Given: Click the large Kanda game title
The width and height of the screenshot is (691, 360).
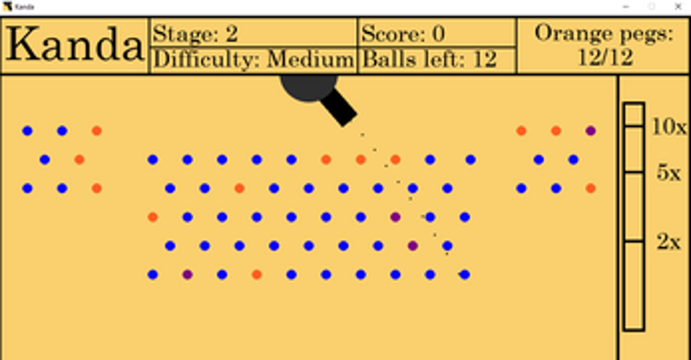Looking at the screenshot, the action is click(75, 45).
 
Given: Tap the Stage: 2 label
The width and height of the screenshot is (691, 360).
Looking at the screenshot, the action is click(196, 34).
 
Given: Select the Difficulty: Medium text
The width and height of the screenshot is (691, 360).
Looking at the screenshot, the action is click(254, 60).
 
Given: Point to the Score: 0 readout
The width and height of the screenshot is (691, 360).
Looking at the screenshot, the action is click(403, 34).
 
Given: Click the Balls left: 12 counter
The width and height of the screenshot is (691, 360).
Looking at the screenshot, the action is click(429, 60).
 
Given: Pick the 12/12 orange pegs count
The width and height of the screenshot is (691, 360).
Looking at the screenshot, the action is click(605, 57).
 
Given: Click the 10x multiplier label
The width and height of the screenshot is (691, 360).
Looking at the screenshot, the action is click(669, 127).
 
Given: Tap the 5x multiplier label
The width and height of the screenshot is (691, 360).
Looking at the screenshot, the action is click(669, 174).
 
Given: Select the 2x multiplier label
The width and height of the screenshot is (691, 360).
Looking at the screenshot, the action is click(669, 242).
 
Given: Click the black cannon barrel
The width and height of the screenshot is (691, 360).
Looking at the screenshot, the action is click(339, 107).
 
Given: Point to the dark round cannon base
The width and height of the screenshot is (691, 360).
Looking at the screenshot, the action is click(308, 87).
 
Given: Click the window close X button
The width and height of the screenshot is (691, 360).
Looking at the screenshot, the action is click(678, 7).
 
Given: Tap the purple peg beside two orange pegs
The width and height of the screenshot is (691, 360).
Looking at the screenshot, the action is click(591, 130).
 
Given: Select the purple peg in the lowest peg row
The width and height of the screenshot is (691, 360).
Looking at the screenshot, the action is click(187, 275).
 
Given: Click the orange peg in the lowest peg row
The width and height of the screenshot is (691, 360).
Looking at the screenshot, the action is click(257, 275).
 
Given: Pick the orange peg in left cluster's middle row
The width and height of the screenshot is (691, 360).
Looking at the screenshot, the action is click(79, 160).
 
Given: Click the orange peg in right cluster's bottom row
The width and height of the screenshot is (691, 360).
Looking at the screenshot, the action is click(591, 188).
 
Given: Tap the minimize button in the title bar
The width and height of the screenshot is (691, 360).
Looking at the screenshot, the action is click(625, 7).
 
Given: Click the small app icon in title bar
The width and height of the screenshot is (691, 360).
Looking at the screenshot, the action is click(7, 7).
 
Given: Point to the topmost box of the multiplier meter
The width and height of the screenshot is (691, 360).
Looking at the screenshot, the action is click(634, 115).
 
